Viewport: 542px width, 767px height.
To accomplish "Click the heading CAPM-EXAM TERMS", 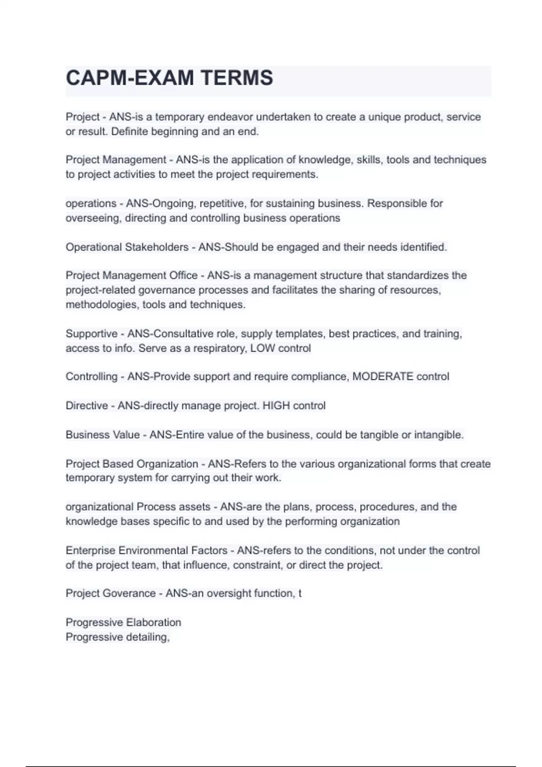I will (x=169, y=78).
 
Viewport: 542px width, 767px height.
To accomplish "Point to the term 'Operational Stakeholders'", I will (x=127, y=247).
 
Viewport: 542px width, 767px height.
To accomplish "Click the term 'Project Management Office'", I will (x=131, y=276).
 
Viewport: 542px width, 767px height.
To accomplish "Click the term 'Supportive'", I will (x=91, y=334).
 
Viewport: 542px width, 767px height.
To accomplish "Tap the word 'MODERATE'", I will (x=383, y=377).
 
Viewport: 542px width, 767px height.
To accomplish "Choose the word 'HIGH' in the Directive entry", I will (x=276, y=406).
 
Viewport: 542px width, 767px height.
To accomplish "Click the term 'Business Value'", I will (x=103, y=435).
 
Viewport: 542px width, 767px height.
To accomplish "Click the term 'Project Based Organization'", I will (x=131, y=464).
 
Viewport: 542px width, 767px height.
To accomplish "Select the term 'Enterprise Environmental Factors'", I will (x=146, y=550).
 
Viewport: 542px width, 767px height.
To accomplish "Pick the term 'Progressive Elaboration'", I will (x=123, y=623).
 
